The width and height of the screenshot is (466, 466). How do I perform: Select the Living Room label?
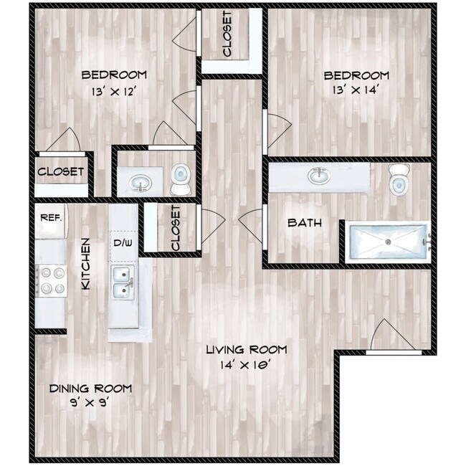246,350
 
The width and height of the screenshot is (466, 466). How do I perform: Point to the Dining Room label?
90,388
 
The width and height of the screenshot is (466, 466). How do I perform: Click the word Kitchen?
85,264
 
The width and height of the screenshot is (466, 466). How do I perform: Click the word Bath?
304,223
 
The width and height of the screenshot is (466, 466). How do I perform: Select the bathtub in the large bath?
387,242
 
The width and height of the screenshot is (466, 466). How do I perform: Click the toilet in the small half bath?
180,179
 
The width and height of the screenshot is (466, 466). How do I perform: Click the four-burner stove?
50,280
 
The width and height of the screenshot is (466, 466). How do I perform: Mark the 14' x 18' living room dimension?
246,364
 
